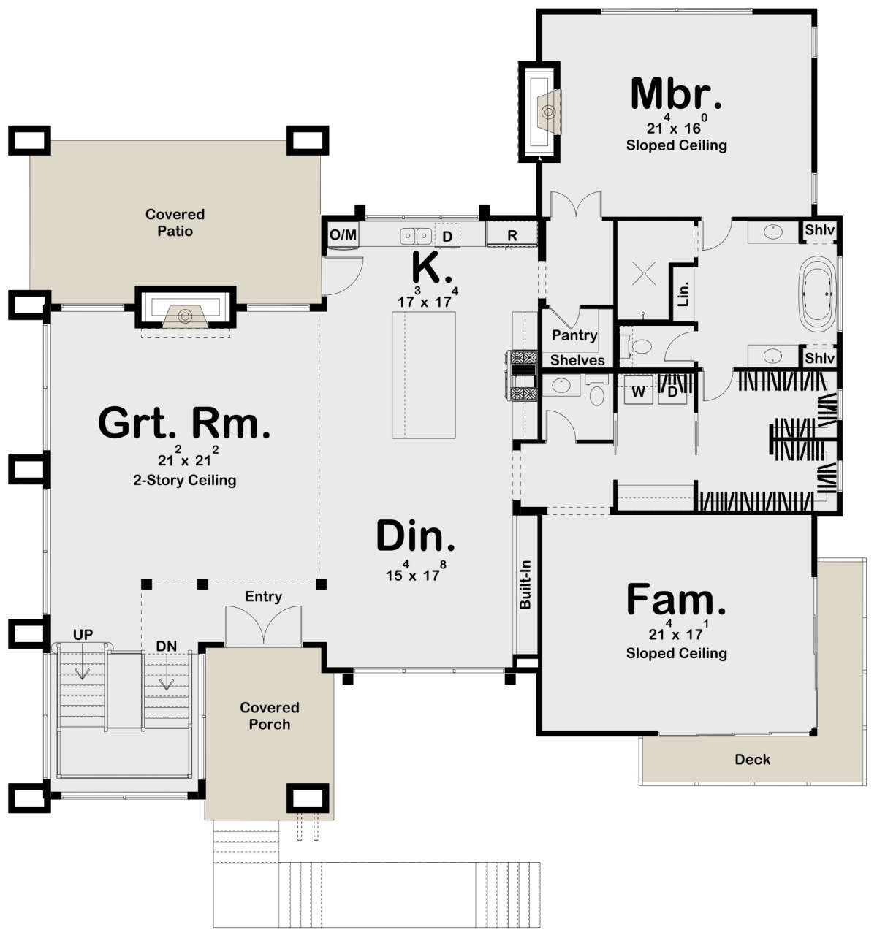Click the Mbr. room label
pos(676,94)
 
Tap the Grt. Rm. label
pos(184,423)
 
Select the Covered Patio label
pos(175,223)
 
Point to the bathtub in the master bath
pos(819,294)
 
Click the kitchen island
pos(423,375)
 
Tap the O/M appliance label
pos(343,234)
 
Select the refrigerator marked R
pos(512,234)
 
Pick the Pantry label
pos(574,335)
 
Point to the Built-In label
pos(525,584)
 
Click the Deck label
pos(752,760)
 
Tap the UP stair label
pos(83,634)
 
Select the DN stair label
pos(167,646)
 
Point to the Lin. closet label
pos(683,294)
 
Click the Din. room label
pos(416,535)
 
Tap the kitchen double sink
pos(415,235)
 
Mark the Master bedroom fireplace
pos(539,113)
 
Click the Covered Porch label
pos(270,715)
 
